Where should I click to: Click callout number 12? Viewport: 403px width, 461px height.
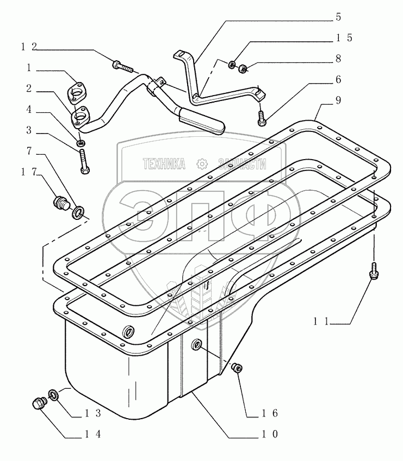pos(29,47)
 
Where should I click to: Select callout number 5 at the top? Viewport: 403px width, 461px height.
pos(338,17)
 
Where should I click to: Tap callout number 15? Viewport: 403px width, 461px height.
pos(344,38)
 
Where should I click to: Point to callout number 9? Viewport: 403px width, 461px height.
pos(338,101)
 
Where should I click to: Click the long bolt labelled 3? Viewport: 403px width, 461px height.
pos(83,161)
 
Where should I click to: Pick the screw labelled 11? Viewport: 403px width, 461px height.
pos(373,270)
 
